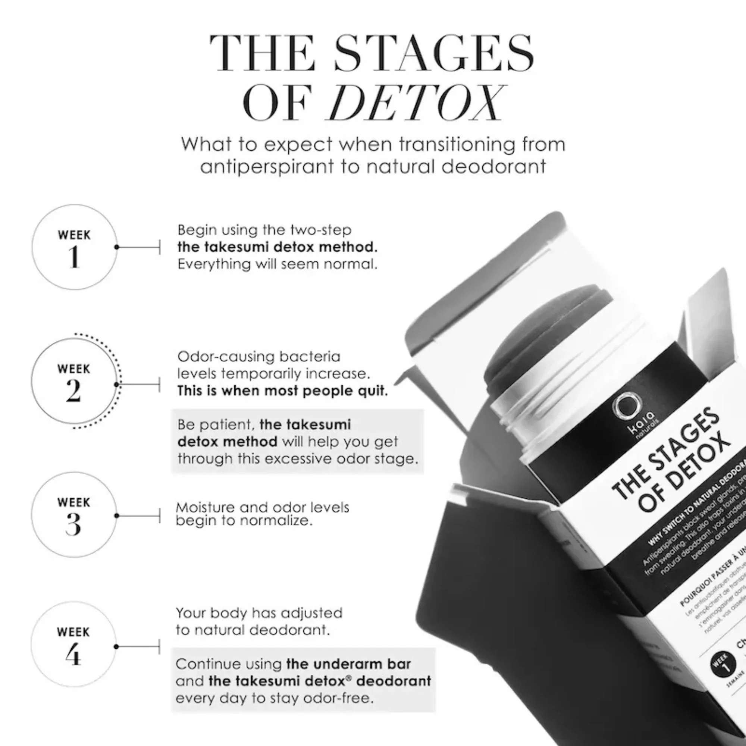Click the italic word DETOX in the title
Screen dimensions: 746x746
[x=416, y=103]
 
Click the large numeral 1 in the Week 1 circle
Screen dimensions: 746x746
[x=74, y=257]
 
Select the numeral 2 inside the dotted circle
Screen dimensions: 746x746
[x=73, y=391]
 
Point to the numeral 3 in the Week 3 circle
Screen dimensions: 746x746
[x=73, y=524]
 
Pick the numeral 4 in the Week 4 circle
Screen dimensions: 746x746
[x=73, y=655]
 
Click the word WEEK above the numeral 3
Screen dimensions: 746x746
[x=73, y=502]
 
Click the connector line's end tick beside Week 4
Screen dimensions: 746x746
[x=160, y=646]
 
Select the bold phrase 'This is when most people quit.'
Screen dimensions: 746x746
[x=282, y=391]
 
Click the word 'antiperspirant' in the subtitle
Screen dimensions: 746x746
[x=267, y=167]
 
